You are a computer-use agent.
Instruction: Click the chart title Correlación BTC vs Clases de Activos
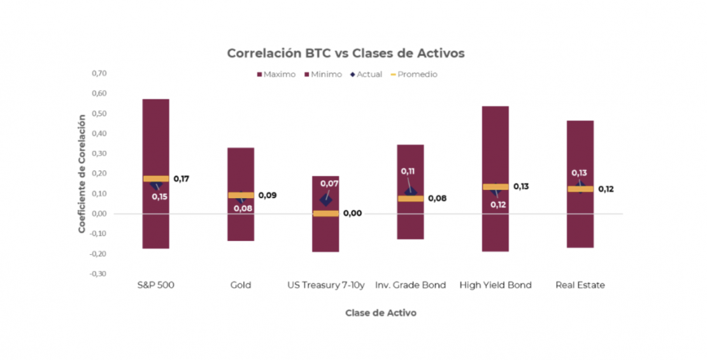[346, 54]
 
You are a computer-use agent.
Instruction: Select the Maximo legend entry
[276, 75]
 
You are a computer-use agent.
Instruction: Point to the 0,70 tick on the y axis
[99, 73]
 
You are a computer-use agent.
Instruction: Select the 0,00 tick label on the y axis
[99, 213]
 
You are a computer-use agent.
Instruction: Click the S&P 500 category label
[155, 285]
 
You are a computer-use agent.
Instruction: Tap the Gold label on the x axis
[241, 285]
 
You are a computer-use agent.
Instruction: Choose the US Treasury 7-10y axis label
[326, 285]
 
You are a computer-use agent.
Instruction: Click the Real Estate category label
[580, 285]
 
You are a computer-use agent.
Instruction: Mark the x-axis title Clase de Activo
[381, 313]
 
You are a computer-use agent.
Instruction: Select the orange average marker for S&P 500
[156, 179]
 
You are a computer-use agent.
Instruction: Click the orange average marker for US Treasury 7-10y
[325, 213]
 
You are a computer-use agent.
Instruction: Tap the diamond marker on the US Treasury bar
[325, 200]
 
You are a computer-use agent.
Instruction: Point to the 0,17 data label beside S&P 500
[182, 179]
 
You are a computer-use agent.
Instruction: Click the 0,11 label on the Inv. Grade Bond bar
[408, 171]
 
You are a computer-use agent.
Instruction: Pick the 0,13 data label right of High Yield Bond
[521, 187]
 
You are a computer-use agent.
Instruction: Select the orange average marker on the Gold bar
[241, 196]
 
